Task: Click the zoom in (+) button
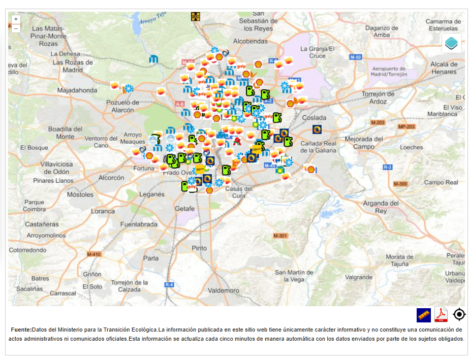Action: coord(16,19)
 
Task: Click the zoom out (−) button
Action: coord(16,28)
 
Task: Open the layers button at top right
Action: coord(451,43)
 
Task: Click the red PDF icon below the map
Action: coord(441,315)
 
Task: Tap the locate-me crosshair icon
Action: coord(459,315)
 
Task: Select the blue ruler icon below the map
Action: coord(423,315)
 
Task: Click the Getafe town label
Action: coord(184,209)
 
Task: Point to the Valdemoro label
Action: coord(224,291)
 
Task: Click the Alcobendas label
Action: coord(250,41)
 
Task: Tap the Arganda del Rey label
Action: coord(381,207)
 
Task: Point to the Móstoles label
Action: coord(80,194)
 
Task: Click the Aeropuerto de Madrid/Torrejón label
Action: coord(389,71)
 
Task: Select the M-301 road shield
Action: coord(280,236)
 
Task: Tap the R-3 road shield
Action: coord(388,167)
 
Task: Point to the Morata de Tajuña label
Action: coord(399,260)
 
